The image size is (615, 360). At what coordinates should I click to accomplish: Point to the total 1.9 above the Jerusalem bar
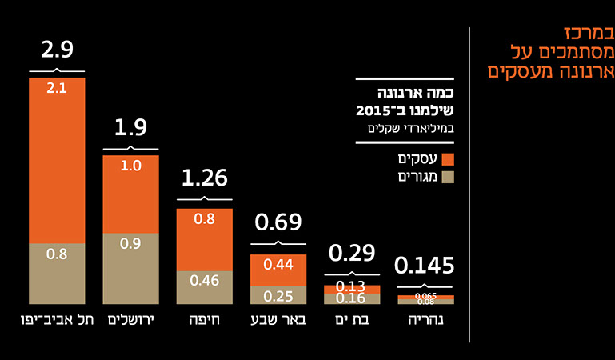click(130, 128)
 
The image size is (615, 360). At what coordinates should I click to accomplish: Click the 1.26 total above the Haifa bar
click(204, 178)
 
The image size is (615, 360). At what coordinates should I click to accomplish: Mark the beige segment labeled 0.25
click(278, 295)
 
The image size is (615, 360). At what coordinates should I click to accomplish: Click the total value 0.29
click(352, 254)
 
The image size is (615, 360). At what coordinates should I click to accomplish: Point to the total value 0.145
click(425, 266)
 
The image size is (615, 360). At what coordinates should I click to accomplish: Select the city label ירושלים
click(130, 322)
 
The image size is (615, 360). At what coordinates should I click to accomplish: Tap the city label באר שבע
click(278, 322)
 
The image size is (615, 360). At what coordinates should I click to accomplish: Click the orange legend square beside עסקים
click(448, 159)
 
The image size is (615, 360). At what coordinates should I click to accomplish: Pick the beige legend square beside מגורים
click(448, 177)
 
